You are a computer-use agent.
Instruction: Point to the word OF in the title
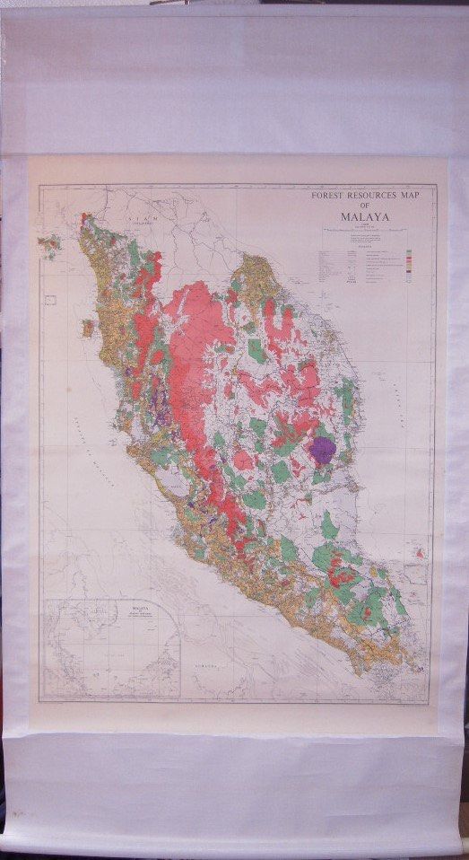tap(365, 206)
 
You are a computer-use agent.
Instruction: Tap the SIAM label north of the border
tap(139, 219)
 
